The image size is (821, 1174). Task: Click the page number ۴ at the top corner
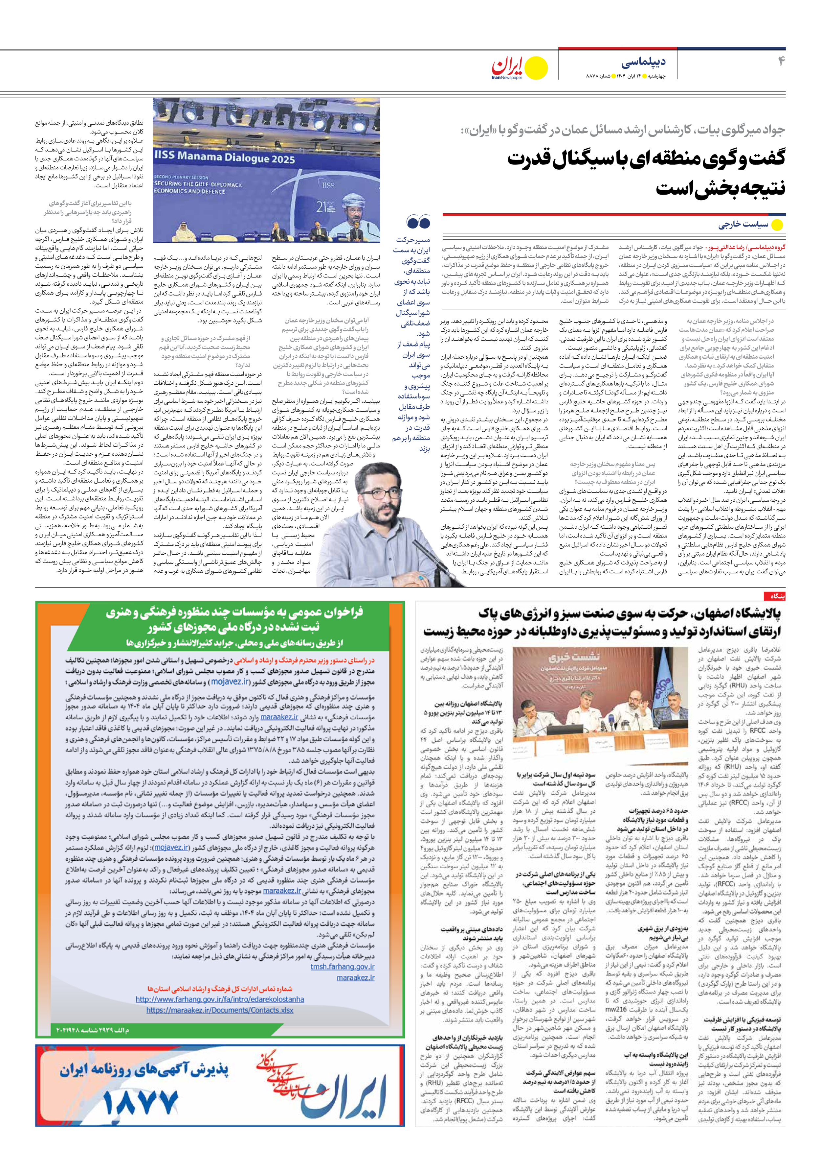[780, 61]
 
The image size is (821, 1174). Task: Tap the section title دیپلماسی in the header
[644, 63]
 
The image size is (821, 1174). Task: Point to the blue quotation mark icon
[418, 223]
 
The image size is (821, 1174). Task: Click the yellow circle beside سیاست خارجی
[777, 225]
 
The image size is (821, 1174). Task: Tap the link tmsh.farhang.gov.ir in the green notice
[342, 967]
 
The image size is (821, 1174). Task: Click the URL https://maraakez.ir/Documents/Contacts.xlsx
[220, 1010]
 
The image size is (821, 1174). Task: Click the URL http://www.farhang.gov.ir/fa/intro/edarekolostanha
[220, 999]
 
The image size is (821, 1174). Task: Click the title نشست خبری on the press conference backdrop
[567, 658]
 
